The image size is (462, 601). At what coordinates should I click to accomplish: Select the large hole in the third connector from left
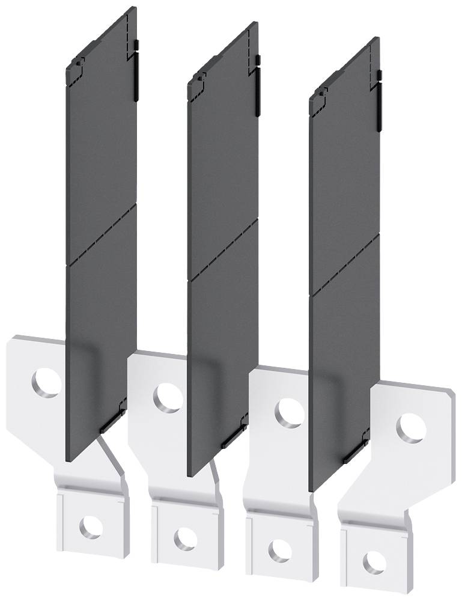pyautogui.click(x=290, y=412)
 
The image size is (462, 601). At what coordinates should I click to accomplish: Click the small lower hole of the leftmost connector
pyautogui.click(x=90, y=526)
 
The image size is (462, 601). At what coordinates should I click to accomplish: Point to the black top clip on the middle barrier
pyautogui.click(x=258, y=87)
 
